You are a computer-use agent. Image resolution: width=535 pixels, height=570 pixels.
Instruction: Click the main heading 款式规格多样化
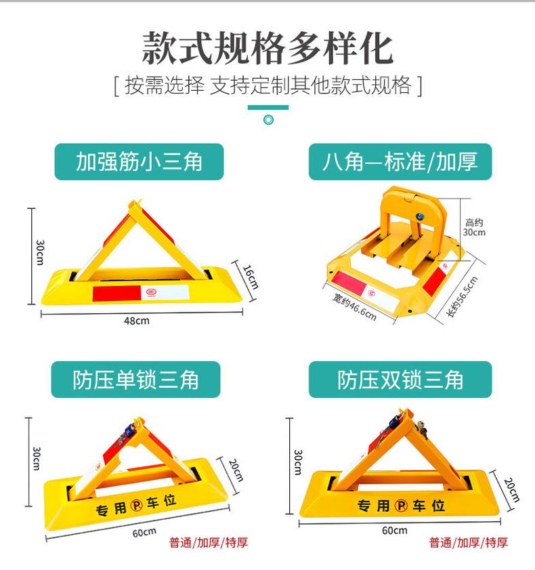pos(267,48)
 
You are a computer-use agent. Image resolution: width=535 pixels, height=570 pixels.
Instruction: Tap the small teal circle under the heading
pos(268,119)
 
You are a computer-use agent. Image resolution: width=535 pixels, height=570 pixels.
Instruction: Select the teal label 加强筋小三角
pos(139,162)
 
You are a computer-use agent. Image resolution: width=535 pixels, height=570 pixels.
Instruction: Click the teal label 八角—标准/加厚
pos(400,162)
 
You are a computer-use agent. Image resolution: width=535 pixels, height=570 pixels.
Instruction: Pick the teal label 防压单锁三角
pos(135,380)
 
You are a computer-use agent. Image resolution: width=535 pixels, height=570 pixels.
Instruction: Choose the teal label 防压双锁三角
pos(400,380)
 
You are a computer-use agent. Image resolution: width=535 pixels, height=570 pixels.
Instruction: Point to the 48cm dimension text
pos(137,321)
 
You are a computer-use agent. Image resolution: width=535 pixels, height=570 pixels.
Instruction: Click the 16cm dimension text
pos(251,277)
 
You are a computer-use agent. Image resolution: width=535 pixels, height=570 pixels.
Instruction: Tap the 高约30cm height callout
pos(474,227)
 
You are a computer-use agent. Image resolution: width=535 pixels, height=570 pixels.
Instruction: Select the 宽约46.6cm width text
pos(354,307)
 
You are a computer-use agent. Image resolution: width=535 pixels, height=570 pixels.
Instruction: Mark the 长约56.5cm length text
pos(462,297)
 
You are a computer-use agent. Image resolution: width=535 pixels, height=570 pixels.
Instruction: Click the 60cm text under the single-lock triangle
pos(144,533)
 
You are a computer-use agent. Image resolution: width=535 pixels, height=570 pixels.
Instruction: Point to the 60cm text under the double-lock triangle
pos(394,531)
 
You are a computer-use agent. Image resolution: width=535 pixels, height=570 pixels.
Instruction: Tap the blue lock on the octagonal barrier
pos(420,217)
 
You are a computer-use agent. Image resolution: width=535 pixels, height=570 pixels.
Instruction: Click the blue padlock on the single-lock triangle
pos(129,432)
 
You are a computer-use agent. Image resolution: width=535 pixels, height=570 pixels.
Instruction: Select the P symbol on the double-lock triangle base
pos(402,506)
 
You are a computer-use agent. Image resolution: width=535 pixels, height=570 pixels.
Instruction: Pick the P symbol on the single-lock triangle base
pos(136,505)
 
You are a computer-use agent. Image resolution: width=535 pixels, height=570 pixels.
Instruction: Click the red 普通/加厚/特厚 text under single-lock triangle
pos(209,543)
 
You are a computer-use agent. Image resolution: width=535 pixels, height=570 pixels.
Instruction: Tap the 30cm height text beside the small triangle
pos(41,253)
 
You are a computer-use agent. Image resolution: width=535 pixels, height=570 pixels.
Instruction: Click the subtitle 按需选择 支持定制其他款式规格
pos(267,86)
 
